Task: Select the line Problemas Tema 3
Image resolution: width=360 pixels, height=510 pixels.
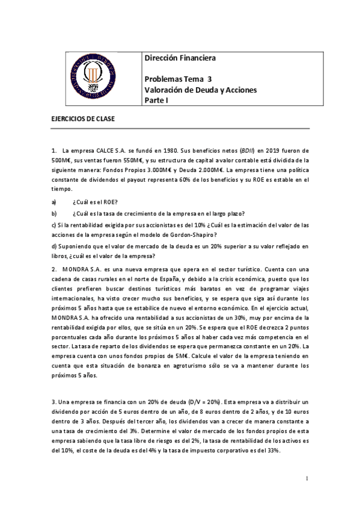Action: point(178,79)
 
